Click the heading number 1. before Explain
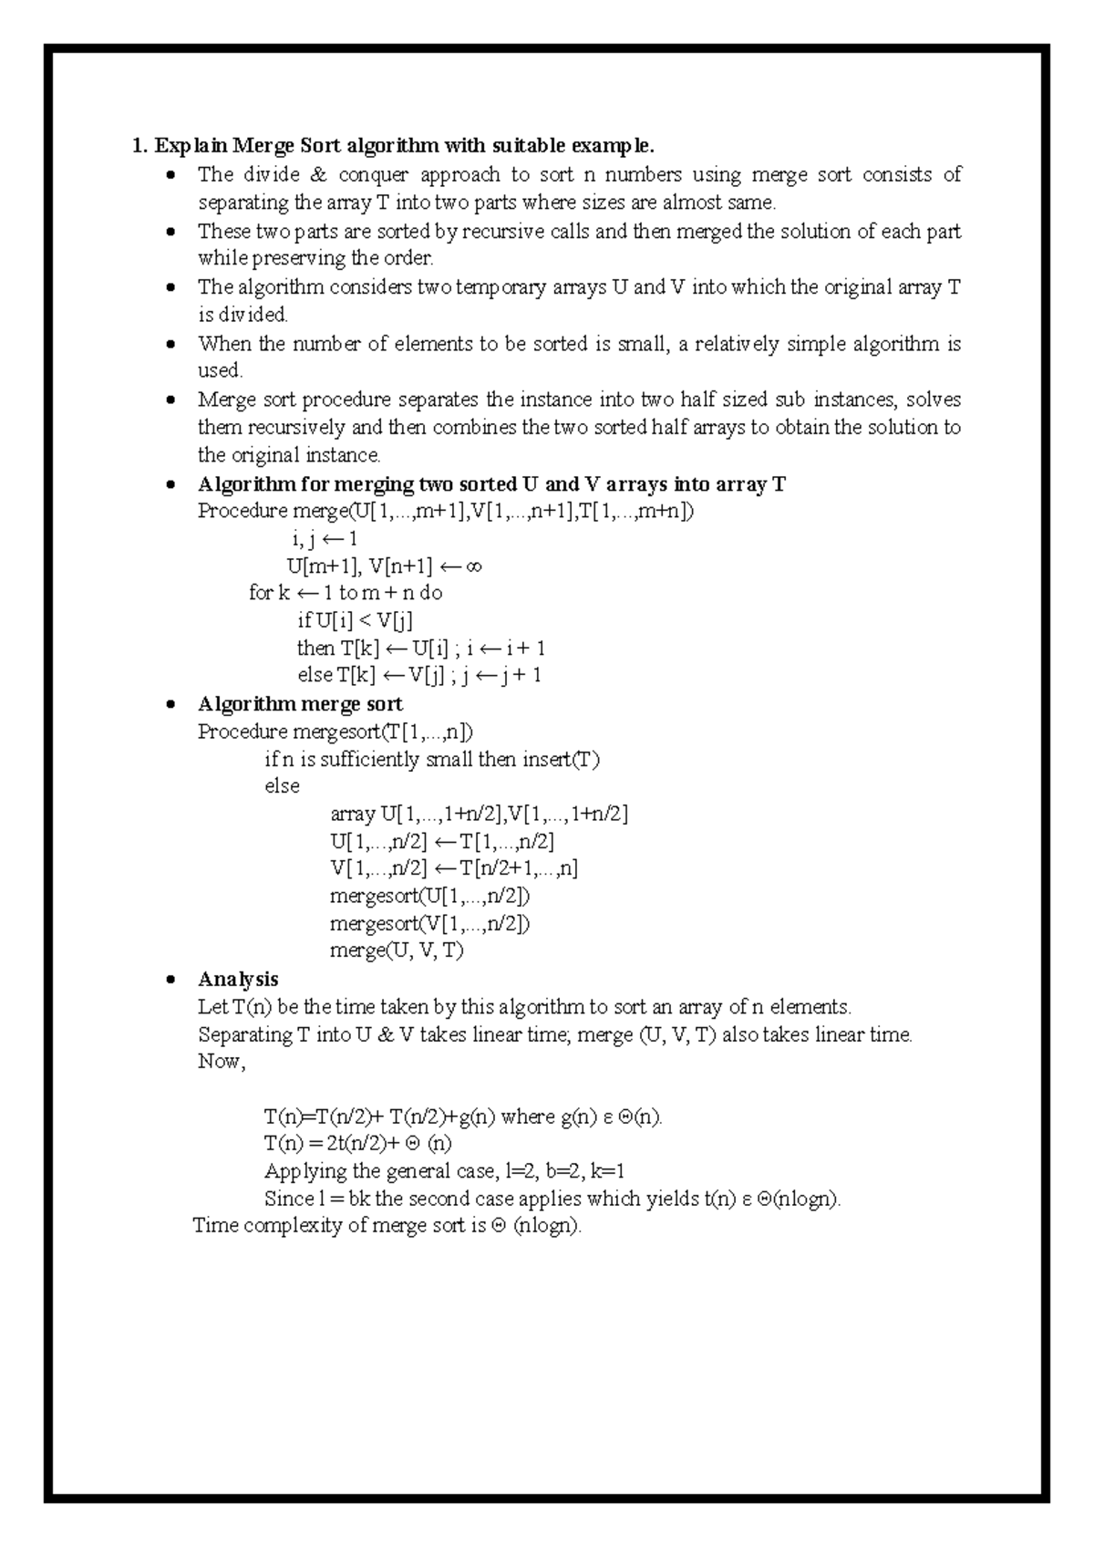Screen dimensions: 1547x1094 coord(139,146)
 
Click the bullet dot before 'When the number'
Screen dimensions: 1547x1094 coord(170,345)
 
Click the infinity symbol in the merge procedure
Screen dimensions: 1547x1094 coord(472,566)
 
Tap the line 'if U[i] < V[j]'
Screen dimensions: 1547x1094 coord(355,621)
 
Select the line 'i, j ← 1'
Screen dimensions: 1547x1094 coord(325,539)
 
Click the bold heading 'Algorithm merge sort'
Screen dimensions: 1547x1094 coord(300,704)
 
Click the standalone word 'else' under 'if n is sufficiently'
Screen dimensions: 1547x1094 coord(282,786)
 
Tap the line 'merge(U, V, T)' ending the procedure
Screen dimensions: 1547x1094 coord(397,950)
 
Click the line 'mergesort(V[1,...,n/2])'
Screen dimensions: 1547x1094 coord(429,923)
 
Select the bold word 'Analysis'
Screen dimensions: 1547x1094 coord(238,980)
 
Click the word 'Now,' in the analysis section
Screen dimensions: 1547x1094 coord(222,1062)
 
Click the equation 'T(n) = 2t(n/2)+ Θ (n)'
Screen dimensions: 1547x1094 coord(357,1144)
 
